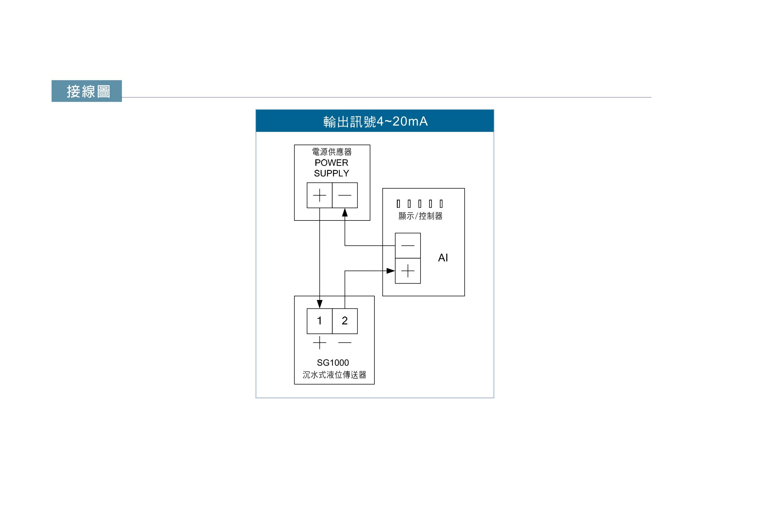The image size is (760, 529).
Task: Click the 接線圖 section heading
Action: tap(88, 91)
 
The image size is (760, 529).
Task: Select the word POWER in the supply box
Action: tap(331, 163)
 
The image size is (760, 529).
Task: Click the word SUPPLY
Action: tap(331, 173)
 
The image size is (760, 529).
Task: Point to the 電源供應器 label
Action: tap(332, 152)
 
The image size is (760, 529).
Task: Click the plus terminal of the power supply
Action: tap(319, 195)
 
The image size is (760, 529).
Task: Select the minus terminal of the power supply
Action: tap(344, 195)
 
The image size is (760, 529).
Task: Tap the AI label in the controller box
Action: tap(443, 258)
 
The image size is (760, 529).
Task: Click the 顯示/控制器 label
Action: tap(420, 216)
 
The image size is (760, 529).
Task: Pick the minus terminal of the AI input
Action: tap(408, 245)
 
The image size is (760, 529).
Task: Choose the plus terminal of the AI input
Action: tap(408, 271)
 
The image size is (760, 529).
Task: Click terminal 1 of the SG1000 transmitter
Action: tap(319, 321)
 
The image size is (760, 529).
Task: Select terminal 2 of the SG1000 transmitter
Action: tap(344, 321)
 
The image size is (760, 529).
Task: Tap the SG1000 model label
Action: tap(333, 363)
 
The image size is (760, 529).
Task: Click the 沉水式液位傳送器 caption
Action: tap(334, 375)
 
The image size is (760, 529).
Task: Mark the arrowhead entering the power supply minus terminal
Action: tap(345, 212)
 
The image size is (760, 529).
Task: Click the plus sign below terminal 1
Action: tap(319, 343)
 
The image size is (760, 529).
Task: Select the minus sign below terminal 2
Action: tap(344, 343)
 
